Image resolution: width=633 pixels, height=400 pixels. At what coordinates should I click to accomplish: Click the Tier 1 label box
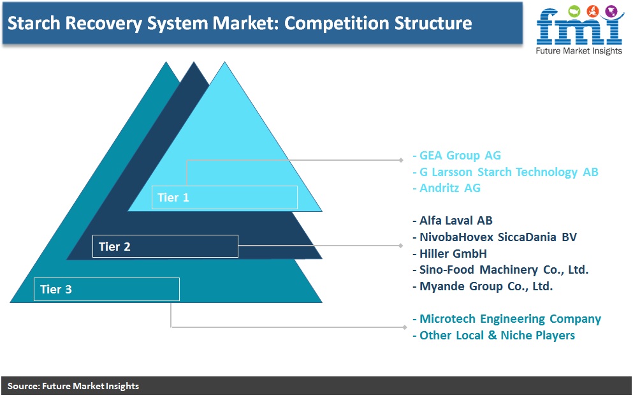click(x=224, y=197)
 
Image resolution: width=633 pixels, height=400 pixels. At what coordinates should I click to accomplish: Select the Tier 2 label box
click(x=165, y=246)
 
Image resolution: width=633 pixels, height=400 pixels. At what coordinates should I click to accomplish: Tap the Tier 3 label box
click(x=106, y=289)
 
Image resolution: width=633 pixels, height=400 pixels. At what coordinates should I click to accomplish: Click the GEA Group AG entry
click(x=457, y=156)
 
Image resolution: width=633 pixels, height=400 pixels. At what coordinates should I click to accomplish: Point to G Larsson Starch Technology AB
click(x=506, y=172)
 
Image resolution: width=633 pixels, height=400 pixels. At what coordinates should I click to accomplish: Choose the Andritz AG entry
click(x=447, y=188)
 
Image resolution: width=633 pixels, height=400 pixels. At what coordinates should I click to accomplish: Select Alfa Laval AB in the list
click(x=453, y=221)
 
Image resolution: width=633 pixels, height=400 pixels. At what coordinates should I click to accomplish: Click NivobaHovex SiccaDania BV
click(x=495, y=237)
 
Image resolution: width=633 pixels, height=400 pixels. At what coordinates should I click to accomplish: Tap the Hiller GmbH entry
click(x=449, y=254)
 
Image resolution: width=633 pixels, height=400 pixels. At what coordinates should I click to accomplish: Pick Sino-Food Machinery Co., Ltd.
click(x=500, y=269)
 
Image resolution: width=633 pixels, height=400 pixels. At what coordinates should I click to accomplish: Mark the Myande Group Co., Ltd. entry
click(x=483, y=286)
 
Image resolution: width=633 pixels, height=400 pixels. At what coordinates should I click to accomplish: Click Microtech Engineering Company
click(x=507, y=319)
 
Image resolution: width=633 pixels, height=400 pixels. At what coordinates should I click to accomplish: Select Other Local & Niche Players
click(x=494, y=336)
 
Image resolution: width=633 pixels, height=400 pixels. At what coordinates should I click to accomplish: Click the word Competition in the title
click(x=337, y=24)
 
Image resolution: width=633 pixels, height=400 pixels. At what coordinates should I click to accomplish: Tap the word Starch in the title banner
click(x=34, y=23)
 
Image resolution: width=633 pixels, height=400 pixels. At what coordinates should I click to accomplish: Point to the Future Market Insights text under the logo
click(x=579, y=51)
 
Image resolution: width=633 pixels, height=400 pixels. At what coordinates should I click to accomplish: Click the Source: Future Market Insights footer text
click(x=73, y=386)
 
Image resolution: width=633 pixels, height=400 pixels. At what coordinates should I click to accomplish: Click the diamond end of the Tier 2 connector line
click(x=400, y=246)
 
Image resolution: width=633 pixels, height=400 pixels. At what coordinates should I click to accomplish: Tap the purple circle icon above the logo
click(x=612, y=11)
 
